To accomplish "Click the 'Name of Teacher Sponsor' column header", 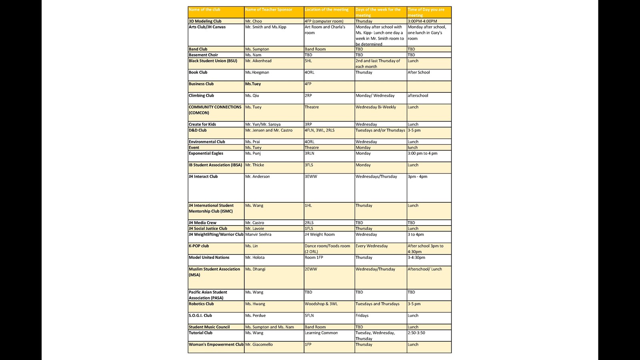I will (x=268, y=10).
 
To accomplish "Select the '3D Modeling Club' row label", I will (x=205, y=21).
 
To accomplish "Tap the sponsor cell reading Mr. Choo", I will (x=254, y=21).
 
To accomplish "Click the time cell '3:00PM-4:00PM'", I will (x=422, y=21).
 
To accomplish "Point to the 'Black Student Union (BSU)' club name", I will (x=213, y=61).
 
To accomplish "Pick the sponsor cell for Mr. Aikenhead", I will (x=258, y=61).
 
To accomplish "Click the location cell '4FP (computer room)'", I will (x=324, y=21).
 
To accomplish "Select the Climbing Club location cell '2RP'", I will (x=308, y=96).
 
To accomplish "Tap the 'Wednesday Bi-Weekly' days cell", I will (x=376, y=107).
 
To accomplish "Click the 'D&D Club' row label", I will (x=198, y=130).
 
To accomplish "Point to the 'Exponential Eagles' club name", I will (x=206, y=153).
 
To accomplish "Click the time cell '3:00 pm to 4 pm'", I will (x=422, y=153).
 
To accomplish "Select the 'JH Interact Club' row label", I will (x=203, y=176).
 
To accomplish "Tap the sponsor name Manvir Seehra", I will (x=258, y=234).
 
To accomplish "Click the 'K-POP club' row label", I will (x=199, y=246).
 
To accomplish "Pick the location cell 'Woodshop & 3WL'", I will (x=321, y=304).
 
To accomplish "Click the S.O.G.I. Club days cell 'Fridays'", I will (x=362, y=316).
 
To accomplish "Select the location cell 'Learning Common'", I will (x=321, y=333).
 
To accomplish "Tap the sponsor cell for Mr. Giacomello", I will (x=259, y=344).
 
